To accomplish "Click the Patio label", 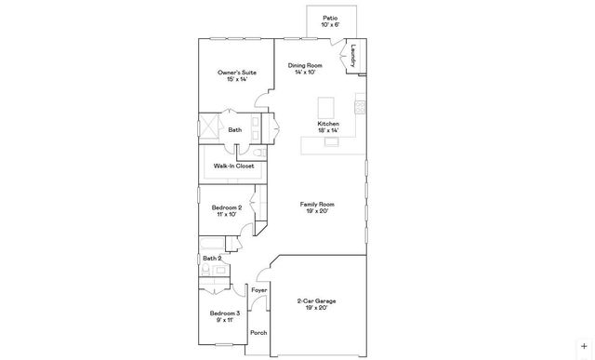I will (330, 17).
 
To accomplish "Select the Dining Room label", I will (305, 65).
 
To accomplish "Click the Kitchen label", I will (328, 124).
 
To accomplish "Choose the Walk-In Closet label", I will (233, 166).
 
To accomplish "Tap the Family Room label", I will (317, 204).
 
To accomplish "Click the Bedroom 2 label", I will (227, 207).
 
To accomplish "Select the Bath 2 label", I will (213, 258).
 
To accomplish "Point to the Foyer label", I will (259, 291).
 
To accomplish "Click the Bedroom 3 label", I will (225, 313).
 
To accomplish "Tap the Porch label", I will (258, 332).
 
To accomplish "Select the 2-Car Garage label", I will (317, 301).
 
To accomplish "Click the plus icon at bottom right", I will (584, 346).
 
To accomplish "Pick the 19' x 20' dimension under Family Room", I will (317, 211).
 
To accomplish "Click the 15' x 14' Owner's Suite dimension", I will (236, 79).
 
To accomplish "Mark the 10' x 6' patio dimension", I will (330, 25).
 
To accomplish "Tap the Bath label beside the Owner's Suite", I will (235, 130).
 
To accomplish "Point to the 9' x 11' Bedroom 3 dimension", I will (225, 321).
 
